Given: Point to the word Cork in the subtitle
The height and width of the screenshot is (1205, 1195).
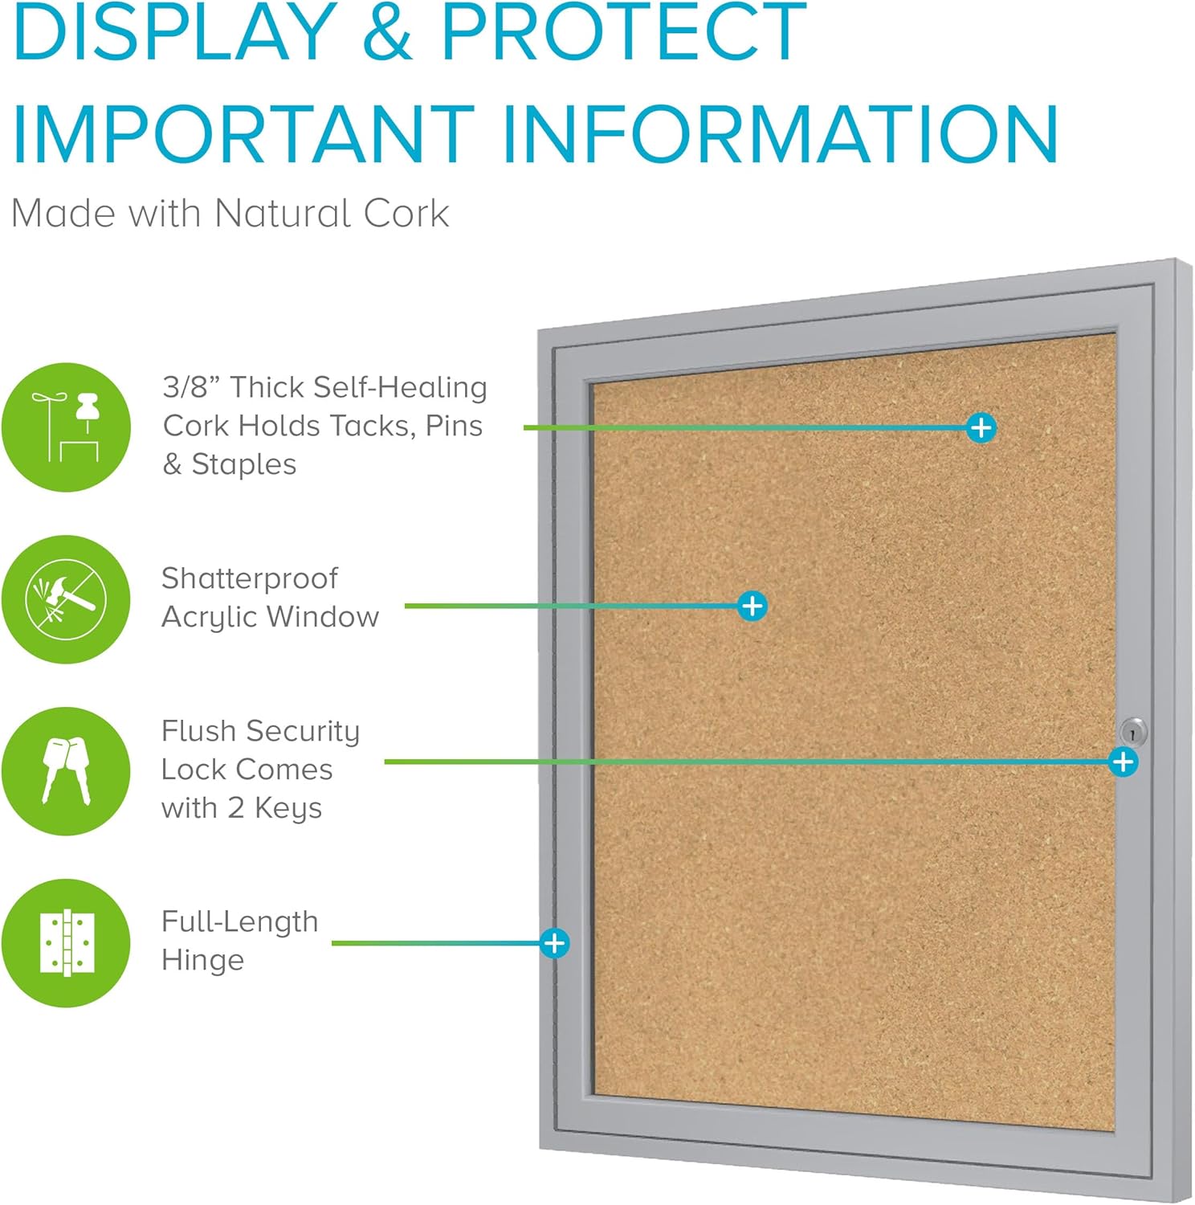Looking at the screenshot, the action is (x=406, y=214).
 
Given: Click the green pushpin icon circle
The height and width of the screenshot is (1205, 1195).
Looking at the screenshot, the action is (x=66, y=427).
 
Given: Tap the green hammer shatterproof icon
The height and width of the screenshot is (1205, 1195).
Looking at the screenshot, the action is (x=66, y=599).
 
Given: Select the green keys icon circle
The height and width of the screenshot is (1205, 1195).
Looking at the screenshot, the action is (x=66, y=771).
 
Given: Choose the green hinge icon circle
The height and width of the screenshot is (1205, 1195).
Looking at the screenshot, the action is (x=66, y=942).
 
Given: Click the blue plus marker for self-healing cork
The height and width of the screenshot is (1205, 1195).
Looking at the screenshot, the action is (x=981, y=427).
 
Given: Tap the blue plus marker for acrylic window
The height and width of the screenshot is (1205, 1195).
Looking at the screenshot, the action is (x=752, y=606).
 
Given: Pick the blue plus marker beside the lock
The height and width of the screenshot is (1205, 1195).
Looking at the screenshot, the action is (x=1123, y=762).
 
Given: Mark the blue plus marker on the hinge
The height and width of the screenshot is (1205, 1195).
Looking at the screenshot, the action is (x=554, y=942).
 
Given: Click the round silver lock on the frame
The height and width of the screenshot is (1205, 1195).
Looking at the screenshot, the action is (x=1132, y=732).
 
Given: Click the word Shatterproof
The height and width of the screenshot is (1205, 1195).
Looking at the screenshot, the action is (x=250, y=578).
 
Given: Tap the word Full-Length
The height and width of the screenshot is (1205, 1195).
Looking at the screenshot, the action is (x=239, y=921).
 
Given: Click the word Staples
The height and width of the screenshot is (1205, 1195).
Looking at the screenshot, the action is (x=244, y=464).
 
